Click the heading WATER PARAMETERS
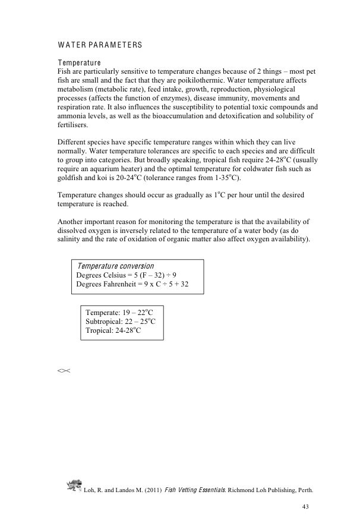100,45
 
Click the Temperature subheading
79,63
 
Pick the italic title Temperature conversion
115,266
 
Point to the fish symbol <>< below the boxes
64,371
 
